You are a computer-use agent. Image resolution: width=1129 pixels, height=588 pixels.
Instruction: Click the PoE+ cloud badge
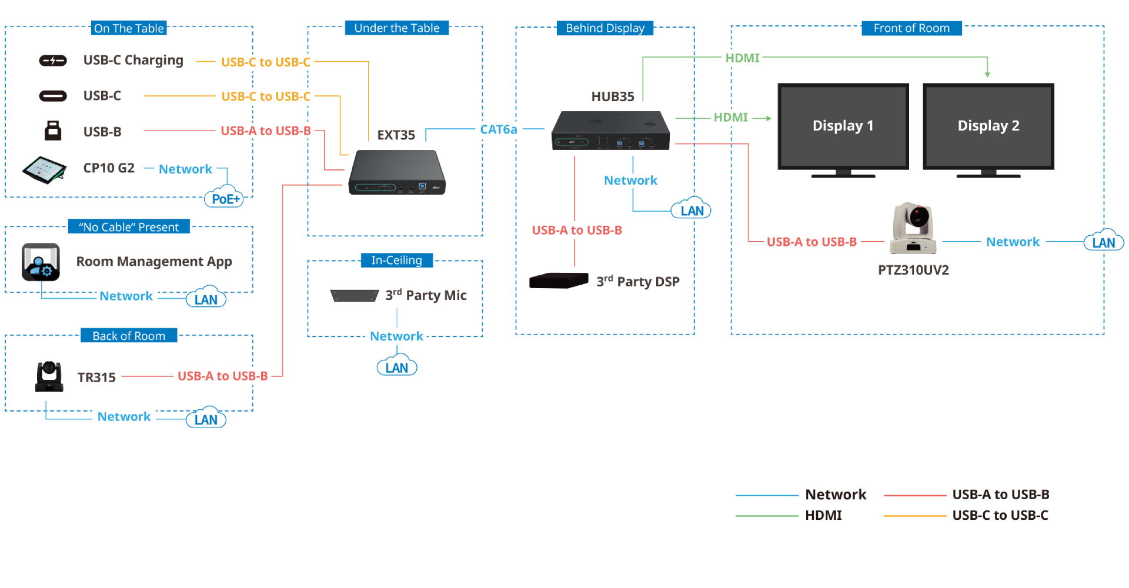[225, 199]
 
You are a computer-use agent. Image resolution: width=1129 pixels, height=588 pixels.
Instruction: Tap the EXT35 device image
[397, 172]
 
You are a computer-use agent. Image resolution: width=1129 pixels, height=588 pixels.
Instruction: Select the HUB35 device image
[610, 131]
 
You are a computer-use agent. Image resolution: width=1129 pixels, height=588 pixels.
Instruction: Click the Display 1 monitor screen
[843, 126]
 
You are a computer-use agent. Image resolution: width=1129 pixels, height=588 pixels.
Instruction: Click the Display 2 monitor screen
[988, 126]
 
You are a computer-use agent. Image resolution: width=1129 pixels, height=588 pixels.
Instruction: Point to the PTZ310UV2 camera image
[913, 228]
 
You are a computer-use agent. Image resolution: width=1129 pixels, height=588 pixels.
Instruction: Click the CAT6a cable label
[498, 129]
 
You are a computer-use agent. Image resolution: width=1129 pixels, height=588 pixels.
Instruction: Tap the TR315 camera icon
[49, 377]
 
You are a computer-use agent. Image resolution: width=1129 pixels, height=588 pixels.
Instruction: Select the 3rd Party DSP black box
[558, 280]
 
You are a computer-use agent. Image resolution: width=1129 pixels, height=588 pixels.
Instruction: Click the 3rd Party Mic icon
[354, 295]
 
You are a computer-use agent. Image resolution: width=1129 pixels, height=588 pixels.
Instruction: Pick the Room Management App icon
[41, 262]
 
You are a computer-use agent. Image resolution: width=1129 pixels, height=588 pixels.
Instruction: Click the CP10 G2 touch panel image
[44, 170]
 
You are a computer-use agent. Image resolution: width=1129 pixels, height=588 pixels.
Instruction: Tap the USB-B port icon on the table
[53, 131]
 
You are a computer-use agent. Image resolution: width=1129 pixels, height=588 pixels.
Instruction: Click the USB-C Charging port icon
[53, 61]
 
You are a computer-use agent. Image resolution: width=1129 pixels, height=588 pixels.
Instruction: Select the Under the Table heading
[396, 28]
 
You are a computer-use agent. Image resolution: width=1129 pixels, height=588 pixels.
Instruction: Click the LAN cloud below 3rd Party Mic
[397, 367]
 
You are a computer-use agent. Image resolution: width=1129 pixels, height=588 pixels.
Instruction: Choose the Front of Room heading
[911, 28]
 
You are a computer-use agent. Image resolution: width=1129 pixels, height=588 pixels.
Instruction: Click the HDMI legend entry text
[823, 515]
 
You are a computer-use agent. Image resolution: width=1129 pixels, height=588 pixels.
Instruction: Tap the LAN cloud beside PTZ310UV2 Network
[1103, 242]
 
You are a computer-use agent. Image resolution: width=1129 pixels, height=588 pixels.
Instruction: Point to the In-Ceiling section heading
[396, 260]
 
